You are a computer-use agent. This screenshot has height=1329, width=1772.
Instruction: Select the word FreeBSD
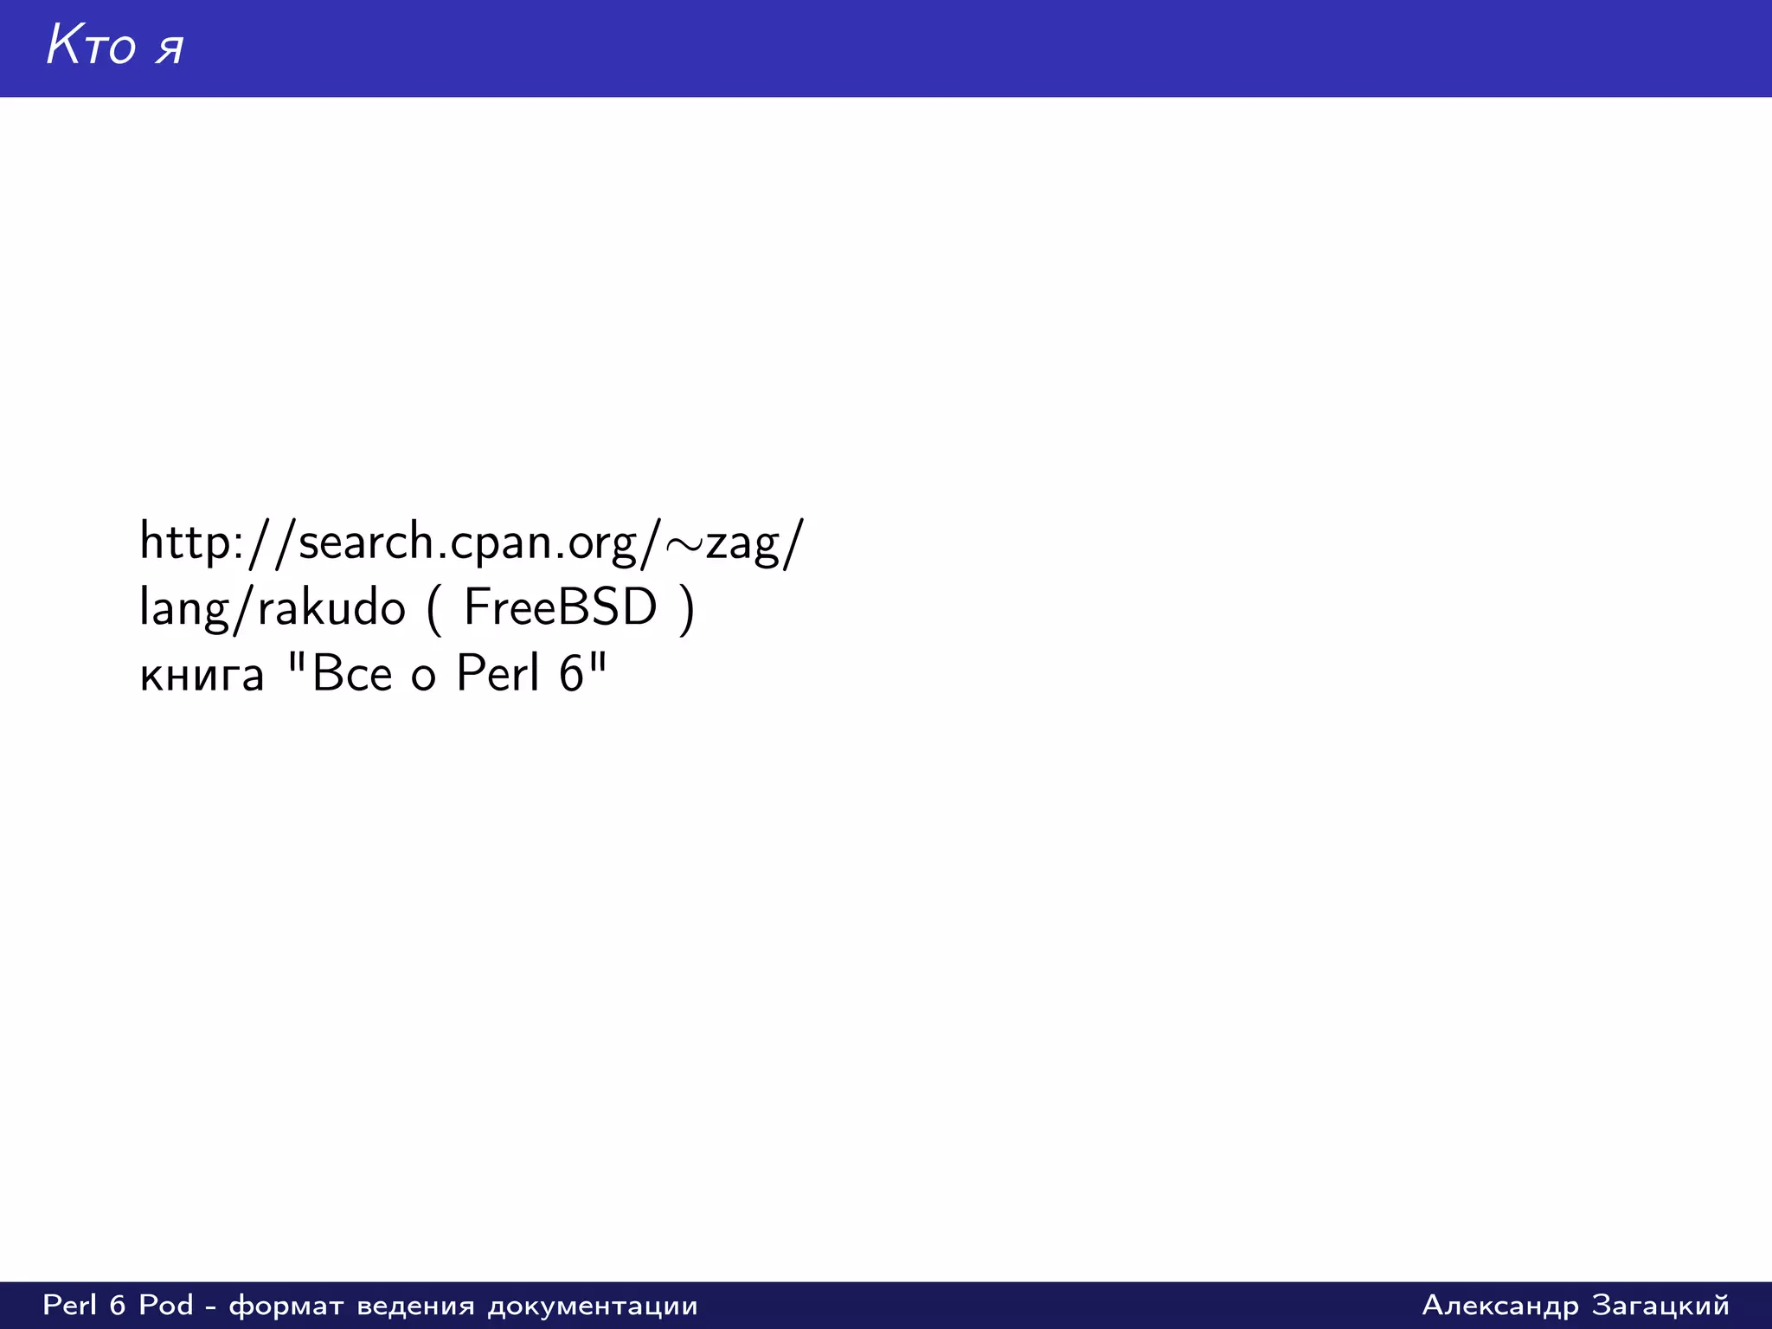pyautogui.click(x=560, y=607)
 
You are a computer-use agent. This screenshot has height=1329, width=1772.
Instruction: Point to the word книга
pyautogui.click(x=202, y=676)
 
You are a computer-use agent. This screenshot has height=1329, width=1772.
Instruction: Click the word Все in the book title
pyautogui.click(x=352, y=673)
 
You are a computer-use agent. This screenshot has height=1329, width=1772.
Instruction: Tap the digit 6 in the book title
pyautogui.click(x=571, y=673)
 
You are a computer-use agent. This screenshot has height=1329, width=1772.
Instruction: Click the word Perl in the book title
pyautogui.click(x=497, y=673)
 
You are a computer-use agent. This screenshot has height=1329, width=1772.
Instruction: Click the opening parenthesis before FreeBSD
pyautogui.click(x=433, y=610)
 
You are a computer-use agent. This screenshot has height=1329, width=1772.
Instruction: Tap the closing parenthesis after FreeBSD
pyautogui.click(x=687, y=610)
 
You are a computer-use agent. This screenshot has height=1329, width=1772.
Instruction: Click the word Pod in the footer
pyautogui.click(x=166, y=1305)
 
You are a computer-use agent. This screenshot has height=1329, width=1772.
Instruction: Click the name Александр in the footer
pyautogui.click(x=1500, y=1306)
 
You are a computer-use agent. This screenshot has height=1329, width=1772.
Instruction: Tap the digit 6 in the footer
pyautogui.click(x=118, y=1305)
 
